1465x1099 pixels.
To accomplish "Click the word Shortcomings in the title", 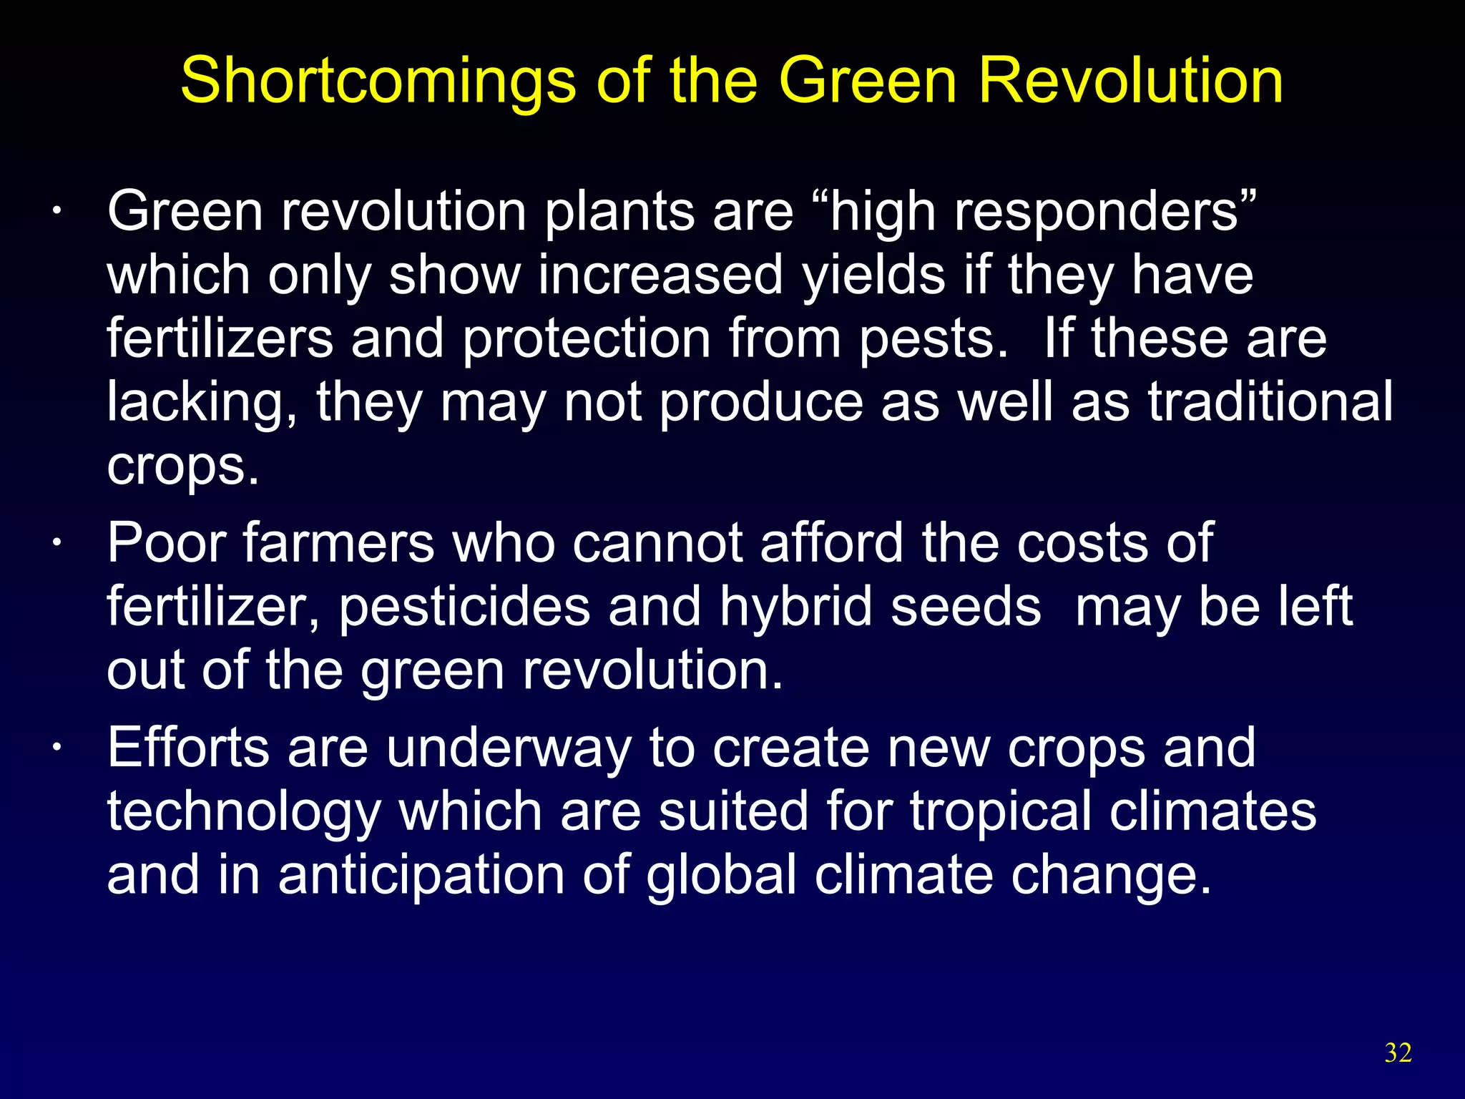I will (x=378, y=80).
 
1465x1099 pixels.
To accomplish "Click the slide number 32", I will (x=1398, y=1053).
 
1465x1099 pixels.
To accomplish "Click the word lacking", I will (x=200, y=403).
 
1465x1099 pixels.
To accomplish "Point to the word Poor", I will (x=167, y=543).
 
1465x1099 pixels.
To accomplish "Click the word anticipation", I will (x=421, y=876).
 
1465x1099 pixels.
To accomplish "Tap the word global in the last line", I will (x=722, y=876).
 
